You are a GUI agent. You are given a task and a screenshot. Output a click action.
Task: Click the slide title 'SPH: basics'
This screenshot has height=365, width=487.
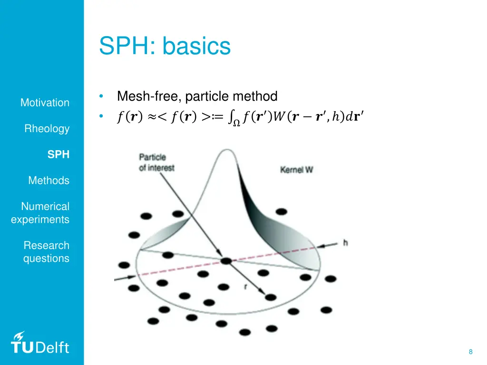(x=165, y=47)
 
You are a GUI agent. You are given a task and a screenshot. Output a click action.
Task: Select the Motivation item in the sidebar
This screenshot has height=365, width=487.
(x=45, y=103)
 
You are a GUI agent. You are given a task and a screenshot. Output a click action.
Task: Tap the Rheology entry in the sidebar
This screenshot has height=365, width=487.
(x=47, y=129)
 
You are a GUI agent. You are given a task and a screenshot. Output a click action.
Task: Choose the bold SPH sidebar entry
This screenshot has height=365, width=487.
(x=58, y=154)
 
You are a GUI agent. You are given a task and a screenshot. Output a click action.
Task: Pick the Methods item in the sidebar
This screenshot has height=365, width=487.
(x=49, y=181)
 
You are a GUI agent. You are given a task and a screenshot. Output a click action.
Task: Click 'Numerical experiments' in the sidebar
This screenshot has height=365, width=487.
(x=40, y=213)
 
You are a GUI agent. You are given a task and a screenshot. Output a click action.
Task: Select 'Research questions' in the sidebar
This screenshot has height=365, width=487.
(x=46, y=252)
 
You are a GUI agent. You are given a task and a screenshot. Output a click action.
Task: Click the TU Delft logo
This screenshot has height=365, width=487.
(x=40, y=343)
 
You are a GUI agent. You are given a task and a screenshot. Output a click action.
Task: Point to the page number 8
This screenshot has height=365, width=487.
(x=470, y=352)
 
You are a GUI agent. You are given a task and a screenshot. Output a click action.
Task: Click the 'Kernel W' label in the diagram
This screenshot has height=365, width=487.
(x=296, y=170)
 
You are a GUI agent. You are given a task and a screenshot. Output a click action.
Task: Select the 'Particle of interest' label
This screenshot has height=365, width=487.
(x=156, y=163)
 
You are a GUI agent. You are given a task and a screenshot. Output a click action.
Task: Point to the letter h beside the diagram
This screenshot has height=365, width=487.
(x=345, y=243)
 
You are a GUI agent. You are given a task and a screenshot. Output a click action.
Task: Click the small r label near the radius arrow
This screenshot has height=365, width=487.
(x=245, y=287)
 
